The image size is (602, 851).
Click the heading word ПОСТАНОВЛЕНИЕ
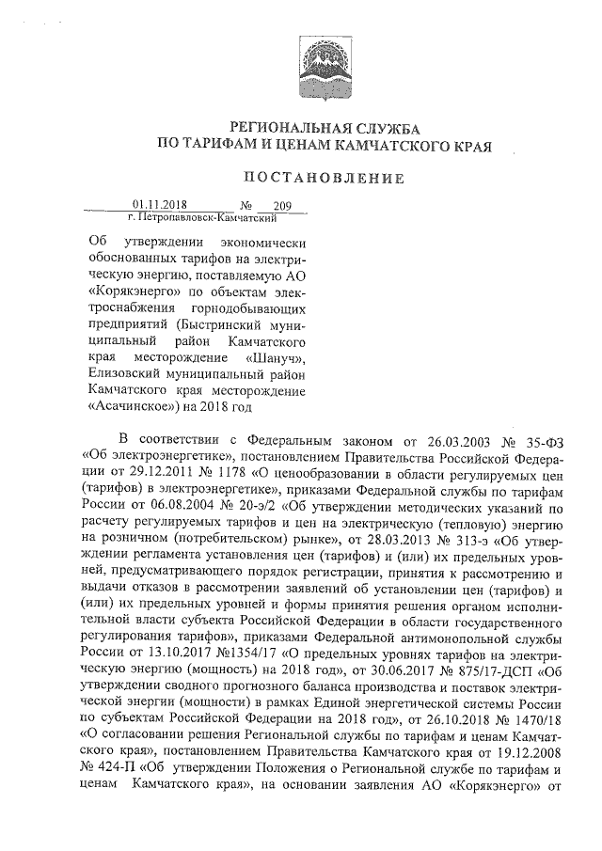click(x=324, y=179)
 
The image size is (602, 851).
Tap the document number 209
click(x=281, y=204)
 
